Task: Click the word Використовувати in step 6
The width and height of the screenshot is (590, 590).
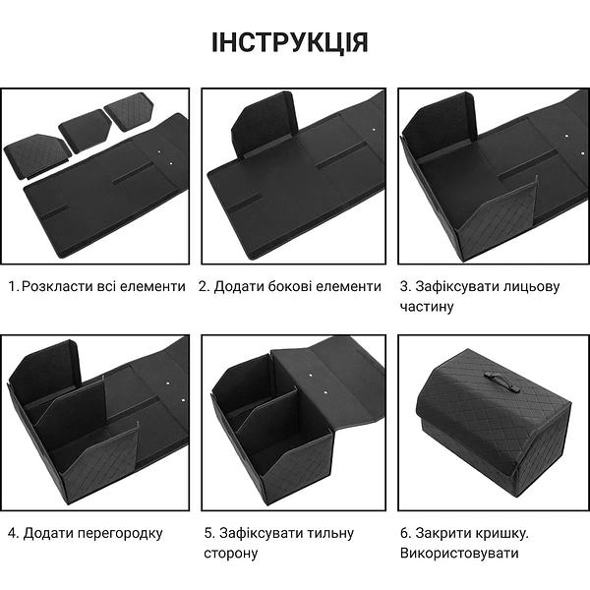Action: (x=458, y=554)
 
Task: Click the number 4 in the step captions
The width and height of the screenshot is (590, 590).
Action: (x=11, y=533)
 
